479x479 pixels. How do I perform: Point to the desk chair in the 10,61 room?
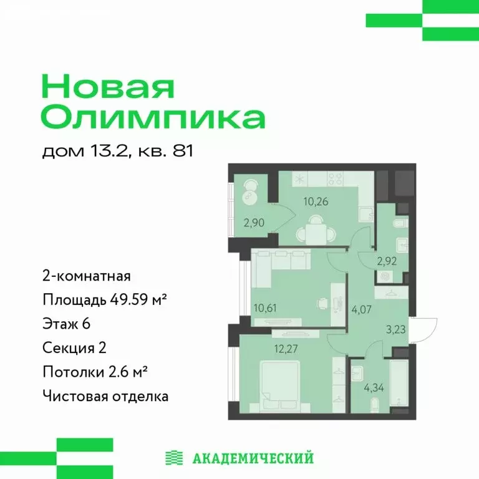(x=322, y=302)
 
